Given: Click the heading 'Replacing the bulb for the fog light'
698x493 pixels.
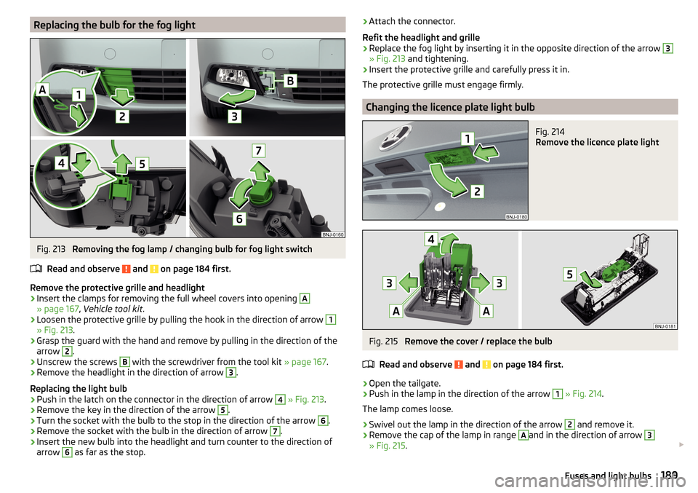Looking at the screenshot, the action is pyautogui.click(x=114, y=25).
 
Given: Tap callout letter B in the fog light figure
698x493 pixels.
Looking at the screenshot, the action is pyautogui.click(x=290, y=81).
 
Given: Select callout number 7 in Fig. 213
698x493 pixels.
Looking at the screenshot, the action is pyautogui.click(x=259, y=150).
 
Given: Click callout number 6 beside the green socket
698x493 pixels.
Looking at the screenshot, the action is pyautogui.click(x=239, y=218).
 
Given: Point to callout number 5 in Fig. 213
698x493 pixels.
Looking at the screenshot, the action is pyautogui.click(x=142, y=164).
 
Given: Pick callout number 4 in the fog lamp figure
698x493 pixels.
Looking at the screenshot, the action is pyautogui.click(x=61, y=163).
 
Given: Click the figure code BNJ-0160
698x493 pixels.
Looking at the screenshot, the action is pyautogui.click(x=332, y=234).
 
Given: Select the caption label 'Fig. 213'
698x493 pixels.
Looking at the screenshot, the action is pyautogui.click(x=51, y=249).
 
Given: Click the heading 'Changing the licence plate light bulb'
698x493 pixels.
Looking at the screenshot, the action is pyautogui.click(x=450, y=107).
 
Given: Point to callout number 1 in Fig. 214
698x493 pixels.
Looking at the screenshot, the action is pyautogui.click(x=468, y=139).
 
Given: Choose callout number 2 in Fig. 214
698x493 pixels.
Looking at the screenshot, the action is pyautogui.click(x=477, y=192).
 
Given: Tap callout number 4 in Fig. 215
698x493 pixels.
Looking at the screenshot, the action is pyautogui.click(x=431, y=240).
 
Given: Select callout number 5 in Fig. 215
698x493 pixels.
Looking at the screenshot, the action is pyautogui.click(x=569, y=274).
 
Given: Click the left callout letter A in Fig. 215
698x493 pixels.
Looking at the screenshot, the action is pyautogui.click(x=396, y=311).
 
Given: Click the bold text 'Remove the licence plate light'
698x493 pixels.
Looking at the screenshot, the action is pyautogui.click(x=597, y=142).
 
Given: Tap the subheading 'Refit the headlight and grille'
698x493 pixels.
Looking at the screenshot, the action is pyautogui.click(x=421, y=37).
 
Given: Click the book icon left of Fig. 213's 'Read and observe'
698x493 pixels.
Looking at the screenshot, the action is pyautogui.click(x=36, y=269).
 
